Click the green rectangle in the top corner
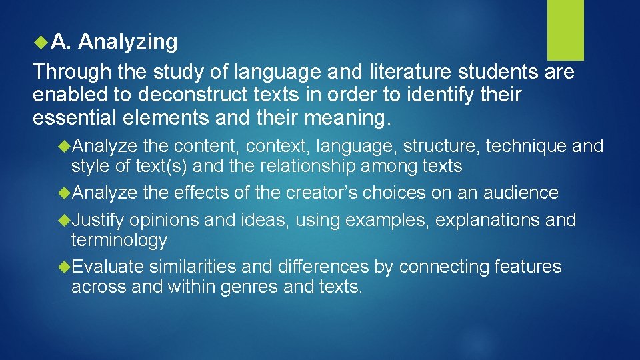(x=565, y=30)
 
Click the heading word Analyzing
(x=128, y=42)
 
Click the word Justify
(x=98, y=220)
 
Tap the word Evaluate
(x=107, y=267)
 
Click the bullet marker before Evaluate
(x=65, y=267)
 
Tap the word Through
(x=71, y=71)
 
